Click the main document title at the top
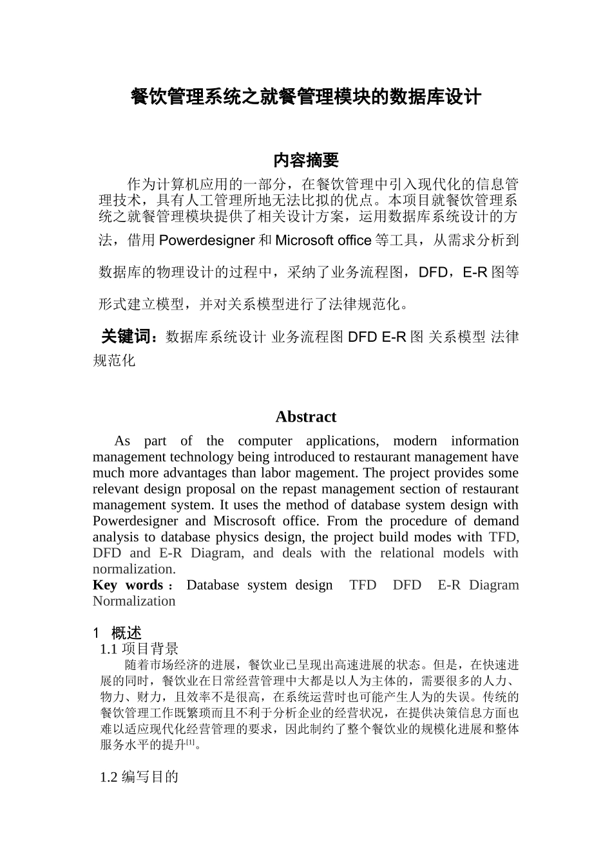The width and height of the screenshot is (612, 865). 305,98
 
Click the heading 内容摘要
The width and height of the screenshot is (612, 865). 305,160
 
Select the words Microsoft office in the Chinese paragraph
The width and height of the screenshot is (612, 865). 323,241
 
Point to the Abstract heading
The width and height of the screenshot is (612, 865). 305,417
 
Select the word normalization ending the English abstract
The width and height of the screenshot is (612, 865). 133,569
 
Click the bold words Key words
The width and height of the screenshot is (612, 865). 128,585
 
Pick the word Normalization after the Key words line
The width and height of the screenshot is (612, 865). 134,601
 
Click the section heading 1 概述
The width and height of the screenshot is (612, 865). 117,633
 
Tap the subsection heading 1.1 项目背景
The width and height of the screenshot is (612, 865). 139,649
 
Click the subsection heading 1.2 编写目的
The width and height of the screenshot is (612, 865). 139,777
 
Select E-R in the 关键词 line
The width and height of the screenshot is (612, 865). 394,337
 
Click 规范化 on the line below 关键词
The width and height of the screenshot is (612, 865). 115,360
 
